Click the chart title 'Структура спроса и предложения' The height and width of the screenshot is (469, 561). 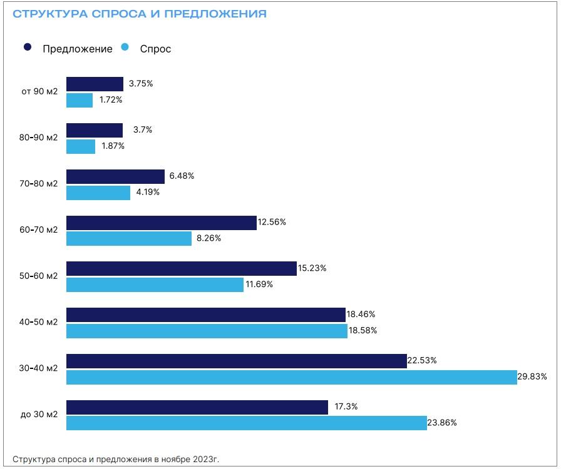140,14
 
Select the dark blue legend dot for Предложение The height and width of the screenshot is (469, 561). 27,48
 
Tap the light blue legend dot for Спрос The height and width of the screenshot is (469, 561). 125,48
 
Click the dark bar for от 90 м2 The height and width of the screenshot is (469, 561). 95,84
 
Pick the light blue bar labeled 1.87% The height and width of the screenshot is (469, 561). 81,146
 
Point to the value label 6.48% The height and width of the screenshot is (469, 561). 182,176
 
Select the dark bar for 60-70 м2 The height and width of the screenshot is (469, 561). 162,223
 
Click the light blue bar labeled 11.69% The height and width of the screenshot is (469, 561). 155,285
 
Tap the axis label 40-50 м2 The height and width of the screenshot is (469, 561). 38,322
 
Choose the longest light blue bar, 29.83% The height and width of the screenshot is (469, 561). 291,377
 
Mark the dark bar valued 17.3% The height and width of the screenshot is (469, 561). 197,407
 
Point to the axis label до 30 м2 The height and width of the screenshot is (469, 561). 39,415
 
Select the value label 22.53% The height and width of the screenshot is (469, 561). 423,361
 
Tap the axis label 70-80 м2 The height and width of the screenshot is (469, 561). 38,184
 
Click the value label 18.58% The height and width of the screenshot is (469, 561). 363,330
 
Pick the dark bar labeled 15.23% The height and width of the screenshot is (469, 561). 181,268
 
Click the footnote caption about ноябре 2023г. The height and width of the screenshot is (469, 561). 116,459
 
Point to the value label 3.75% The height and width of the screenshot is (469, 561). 141,84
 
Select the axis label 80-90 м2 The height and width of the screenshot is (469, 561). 38,138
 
